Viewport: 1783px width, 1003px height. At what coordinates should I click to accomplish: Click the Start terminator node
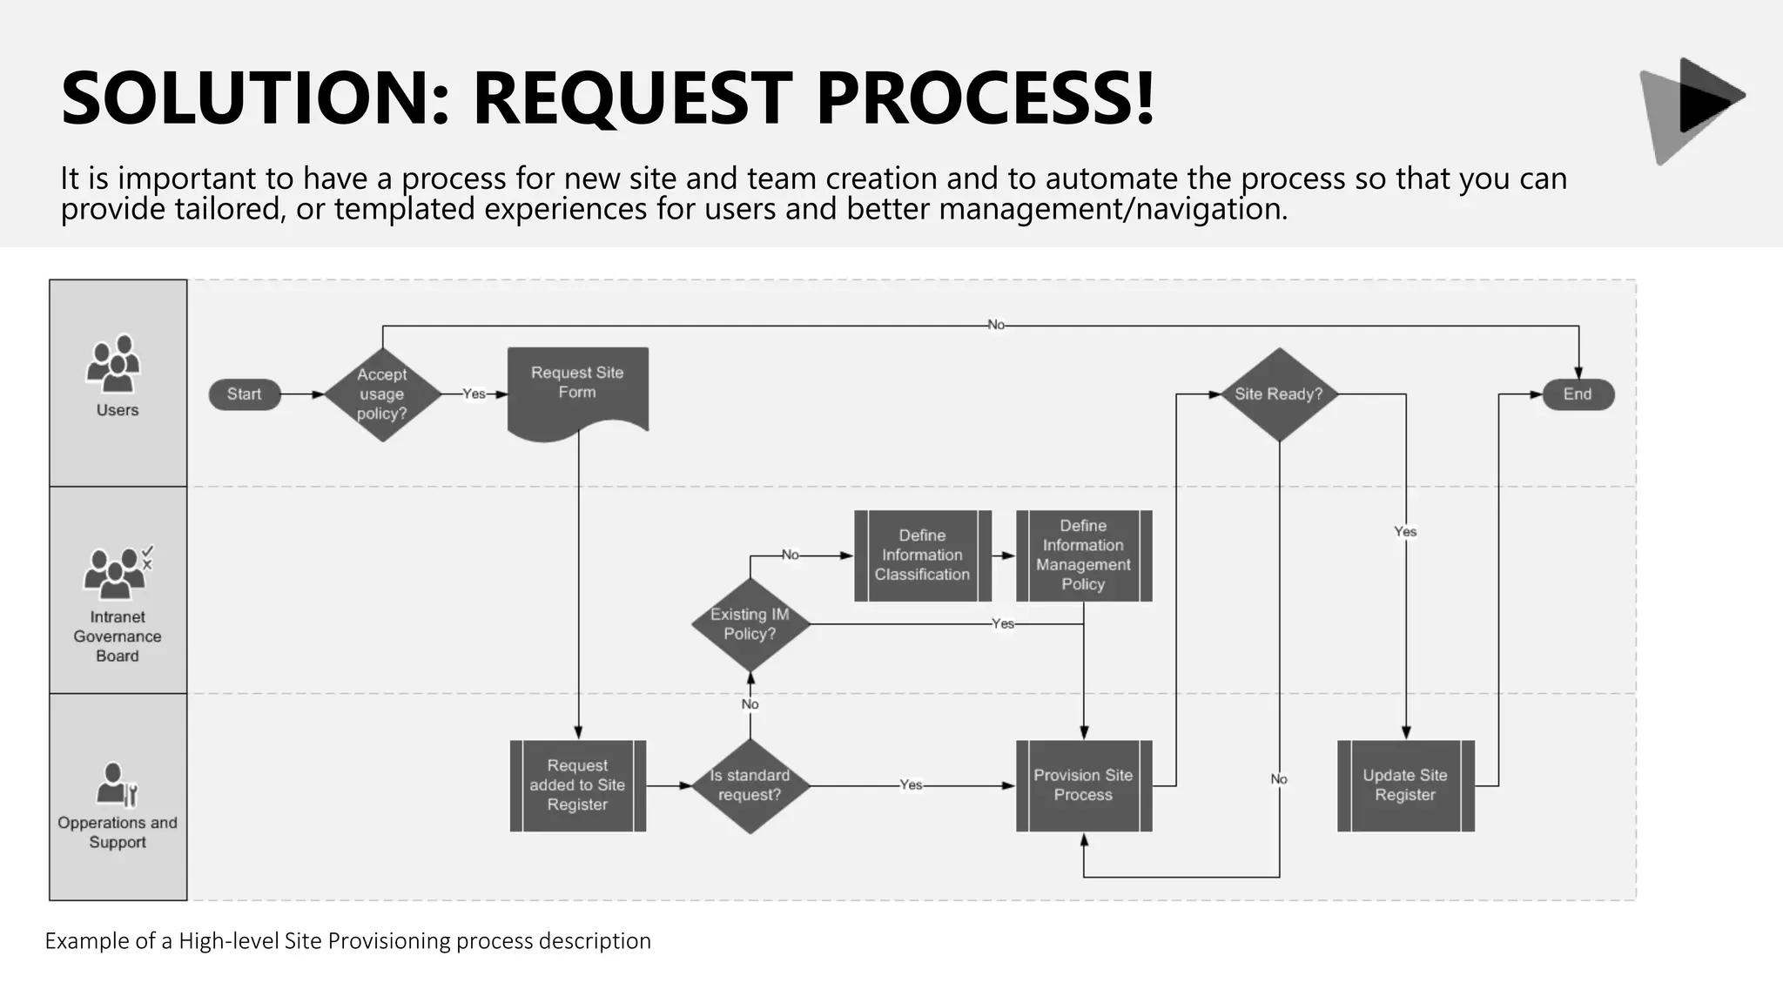[x=245, y=394]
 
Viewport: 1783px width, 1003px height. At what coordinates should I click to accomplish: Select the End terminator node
[x=1578, y=394]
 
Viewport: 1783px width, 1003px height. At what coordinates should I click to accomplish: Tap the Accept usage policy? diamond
[x=382, y=394]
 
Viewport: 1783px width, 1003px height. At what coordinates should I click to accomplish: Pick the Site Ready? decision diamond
[x=1278, y=394]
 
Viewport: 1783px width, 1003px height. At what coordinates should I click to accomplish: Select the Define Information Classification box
[x=922, y=555]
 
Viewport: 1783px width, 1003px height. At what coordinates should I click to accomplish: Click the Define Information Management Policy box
[x=1083, y=555]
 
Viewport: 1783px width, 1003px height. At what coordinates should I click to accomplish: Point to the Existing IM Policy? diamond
[x=750, y=624]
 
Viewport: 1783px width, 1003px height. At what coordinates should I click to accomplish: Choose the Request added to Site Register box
[x=577, y=785]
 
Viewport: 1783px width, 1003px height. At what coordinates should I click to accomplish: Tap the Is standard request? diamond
[x=750, y=785]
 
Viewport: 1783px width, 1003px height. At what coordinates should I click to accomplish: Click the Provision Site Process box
[x=1083, y=785]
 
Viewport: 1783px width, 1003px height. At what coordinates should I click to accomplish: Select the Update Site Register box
[x=1405, y=785]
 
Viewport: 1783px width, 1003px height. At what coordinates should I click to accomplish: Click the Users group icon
[x=114, y=363]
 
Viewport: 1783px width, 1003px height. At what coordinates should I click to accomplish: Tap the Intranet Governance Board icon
[x=117, y=572]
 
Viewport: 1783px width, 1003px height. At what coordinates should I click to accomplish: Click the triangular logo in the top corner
[x=1690, y=109]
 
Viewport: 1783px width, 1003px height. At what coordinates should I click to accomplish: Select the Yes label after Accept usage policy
[x=474, y=394]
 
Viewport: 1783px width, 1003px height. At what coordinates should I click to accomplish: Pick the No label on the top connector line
[x=995, y=325]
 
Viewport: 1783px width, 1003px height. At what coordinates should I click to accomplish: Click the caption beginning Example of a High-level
[x=347, y=941]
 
